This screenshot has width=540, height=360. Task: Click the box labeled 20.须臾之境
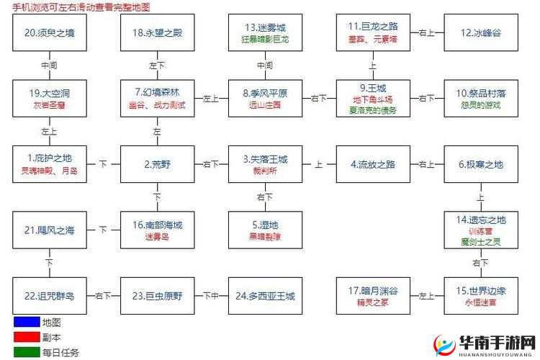49,32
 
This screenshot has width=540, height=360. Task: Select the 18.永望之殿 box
157,32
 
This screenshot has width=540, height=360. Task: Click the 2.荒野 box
157,163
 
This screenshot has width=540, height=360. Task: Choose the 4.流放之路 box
373,163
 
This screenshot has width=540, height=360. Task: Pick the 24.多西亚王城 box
265,296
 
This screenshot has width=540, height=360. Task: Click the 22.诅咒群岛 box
49,296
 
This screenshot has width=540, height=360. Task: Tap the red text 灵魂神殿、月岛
49,171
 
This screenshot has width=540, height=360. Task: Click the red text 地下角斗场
373,99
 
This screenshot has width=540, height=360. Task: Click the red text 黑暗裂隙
265,237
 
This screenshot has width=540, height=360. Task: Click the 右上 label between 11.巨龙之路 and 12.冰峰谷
427,32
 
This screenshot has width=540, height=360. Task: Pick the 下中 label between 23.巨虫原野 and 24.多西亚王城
211,296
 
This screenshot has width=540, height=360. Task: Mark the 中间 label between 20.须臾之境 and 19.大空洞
49,65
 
